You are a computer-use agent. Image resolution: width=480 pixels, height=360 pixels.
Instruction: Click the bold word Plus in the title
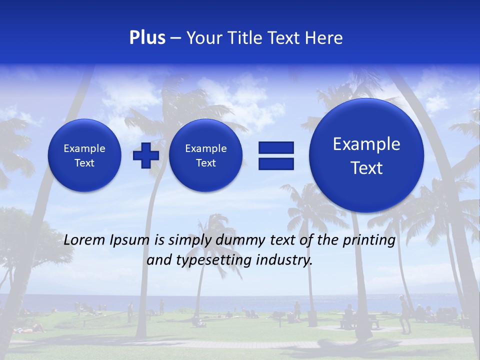147,38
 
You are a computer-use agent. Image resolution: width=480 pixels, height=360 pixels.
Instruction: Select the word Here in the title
324,38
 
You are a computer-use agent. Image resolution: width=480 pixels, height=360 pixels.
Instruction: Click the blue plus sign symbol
146,155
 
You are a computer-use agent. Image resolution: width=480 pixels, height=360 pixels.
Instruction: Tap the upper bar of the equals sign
276,147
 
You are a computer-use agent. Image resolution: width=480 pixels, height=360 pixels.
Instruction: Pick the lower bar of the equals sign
276,164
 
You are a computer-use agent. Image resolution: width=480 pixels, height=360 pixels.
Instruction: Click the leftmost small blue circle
84,155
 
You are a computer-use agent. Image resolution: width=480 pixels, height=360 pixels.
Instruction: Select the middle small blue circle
205,155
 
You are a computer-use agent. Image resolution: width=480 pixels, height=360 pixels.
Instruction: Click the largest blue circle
366,155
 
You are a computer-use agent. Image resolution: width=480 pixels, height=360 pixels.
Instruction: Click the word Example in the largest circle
366,144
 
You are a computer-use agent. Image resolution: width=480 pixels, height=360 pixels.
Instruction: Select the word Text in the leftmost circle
84,163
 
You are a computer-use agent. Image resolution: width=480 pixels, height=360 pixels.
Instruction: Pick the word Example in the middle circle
205,148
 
